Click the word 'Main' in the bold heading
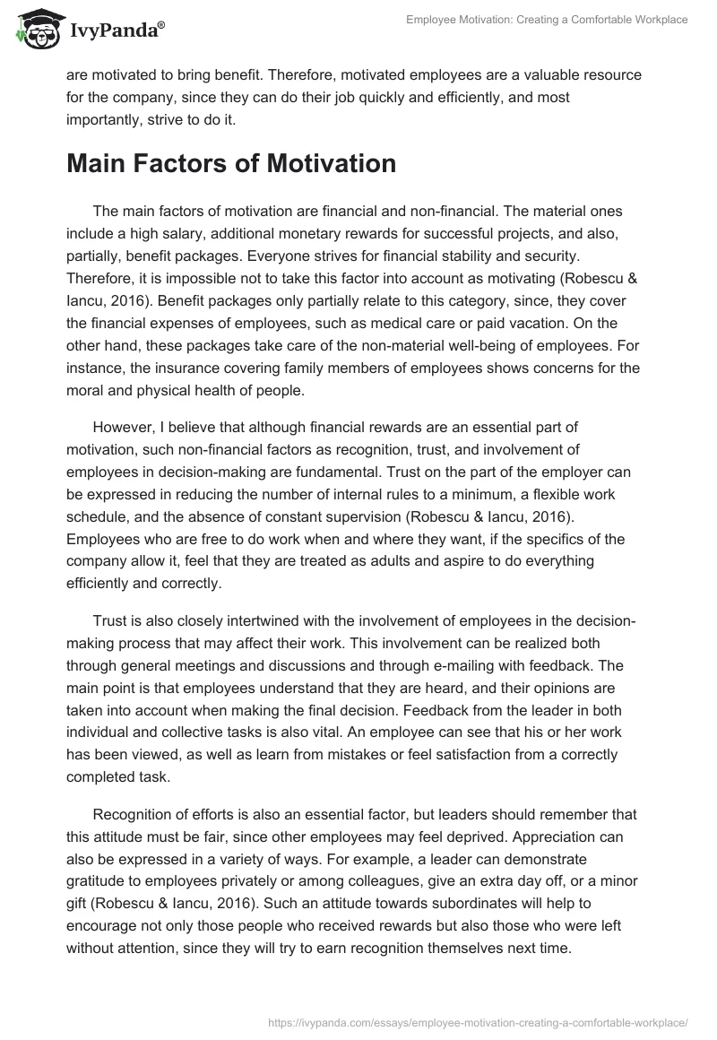(99, 164)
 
